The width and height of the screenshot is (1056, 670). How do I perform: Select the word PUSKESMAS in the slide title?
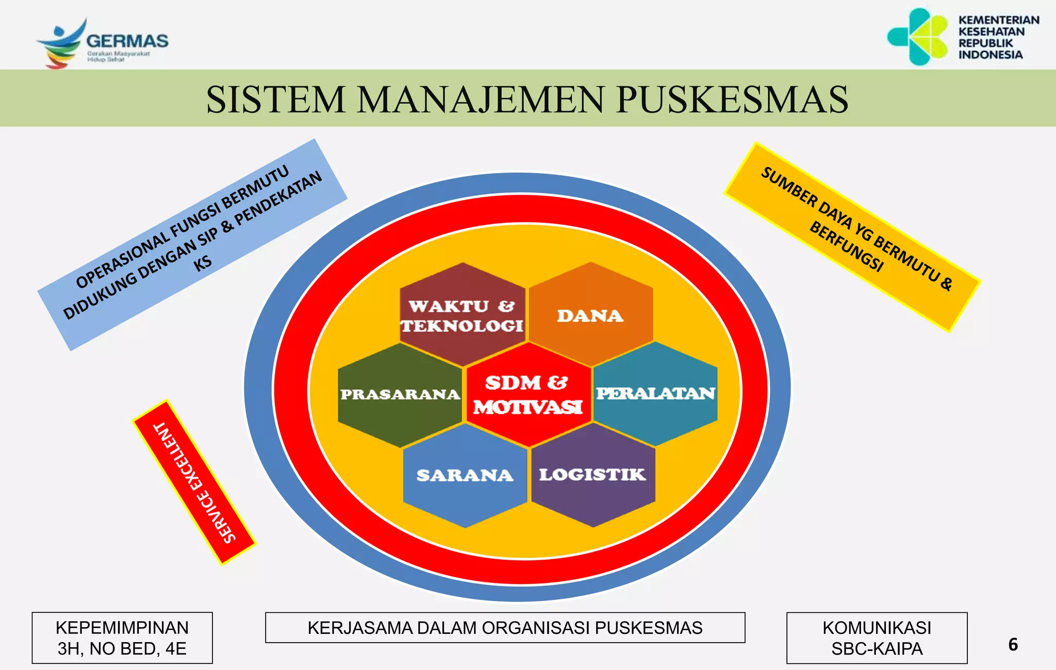(732, 99)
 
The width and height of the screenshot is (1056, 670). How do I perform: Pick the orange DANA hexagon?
(590, 315)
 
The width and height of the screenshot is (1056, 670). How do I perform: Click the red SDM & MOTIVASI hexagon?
(527, 395)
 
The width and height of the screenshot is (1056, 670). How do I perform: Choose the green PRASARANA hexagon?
(400, 395)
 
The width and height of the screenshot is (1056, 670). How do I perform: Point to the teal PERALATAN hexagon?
(655, 394)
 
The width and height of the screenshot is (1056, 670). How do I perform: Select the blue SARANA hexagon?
(465, 475)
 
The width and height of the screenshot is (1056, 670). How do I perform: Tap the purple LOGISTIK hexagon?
(592, 475)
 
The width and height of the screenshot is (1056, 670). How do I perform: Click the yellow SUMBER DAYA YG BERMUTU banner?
(852, 237)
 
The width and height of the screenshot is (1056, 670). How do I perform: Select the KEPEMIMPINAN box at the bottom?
(122, 638)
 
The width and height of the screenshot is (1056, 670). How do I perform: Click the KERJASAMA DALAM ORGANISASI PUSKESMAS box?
(505, 628)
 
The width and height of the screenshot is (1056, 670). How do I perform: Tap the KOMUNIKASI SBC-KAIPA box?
(877, 638)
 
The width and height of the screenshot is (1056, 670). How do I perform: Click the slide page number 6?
(1013, 645)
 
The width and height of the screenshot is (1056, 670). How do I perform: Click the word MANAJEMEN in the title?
(480, 99)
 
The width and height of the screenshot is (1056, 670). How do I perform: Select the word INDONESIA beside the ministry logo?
(990, 55)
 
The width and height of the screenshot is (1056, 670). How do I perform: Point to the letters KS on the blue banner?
(203, 263)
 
